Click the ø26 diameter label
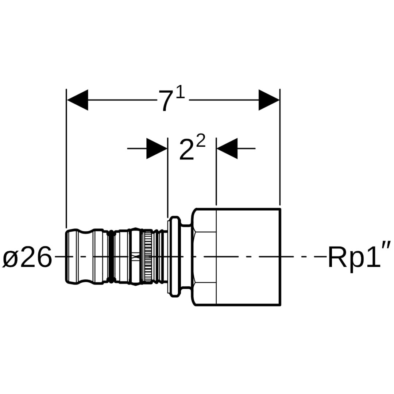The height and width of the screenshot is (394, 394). coord(28,258)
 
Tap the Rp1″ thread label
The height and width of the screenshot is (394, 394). coord(360,258)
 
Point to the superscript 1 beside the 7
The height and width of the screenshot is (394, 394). coord(180,93)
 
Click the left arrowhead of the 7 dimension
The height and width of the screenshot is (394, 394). coord(78,100)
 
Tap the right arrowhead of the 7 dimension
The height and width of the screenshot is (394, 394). coord(269,100)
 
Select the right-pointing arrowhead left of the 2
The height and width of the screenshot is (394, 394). coord(157,148)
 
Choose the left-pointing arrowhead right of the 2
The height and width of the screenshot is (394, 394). coord(227,148)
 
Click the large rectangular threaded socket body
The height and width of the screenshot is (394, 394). coord(248,257)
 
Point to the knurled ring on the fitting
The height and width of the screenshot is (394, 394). coord(147,257)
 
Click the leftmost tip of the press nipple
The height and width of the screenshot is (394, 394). coord(67,257)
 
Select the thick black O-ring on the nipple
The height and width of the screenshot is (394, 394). coord(111,257)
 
